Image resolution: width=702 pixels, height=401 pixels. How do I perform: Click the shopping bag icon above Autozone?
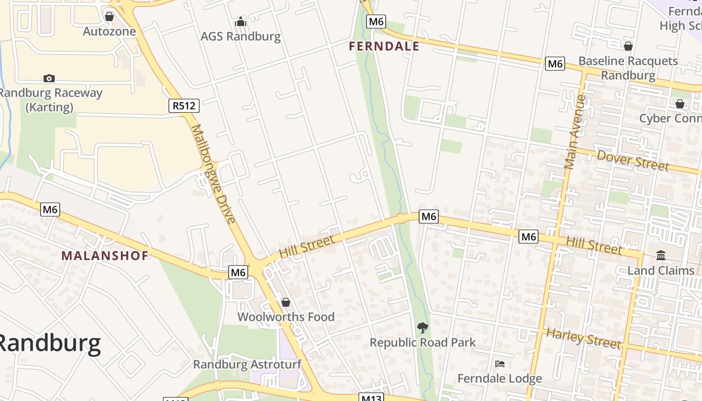pyautogui.click(x=109, y=17)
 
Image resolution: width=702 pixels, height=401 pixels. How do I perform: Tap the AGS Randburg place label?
pyautogui.click(x=241, y=36)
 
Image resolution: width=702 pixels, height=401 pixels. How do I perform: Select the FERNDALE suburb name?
pyautogui.click(x=384, y=47)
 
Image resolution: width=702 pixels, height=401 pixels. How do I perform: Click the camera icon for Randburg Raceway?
pyautogui.click(x=49, y=78)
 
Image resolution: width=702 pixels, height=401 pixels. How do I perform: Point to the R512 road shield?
pyautogui.click(x=185, y=106)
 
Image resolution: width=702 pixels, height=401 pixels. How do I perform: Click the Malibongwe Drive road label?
pyautogui.click(x=214, y=173)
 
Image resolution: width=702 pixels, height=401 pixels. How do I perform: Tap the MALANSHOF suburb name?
pyautogui.click(x=105, y=256)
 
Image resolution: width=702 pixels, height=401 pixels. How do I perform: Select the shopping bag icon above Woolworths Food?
pyautogui.click(x=285, y=302)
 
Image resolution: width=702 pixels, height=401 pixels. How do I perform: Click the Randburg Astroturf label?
pyautogui.click(x=247, y=364)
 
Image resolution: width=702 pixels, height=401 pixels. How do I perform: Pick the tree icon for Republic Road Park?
pyautogui.click(x=422, y=328)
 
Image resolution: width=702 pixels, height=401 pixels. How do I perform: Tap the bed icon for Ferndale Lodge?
pyautogui.click(x=499, y=364)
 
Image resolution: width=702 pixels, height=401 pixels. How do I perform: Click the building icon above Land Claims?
pyautogui.click(x=660, y=256)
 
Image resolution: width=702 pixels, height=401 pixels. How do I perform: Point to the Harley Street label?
pyautogui.click(x=584, y=338)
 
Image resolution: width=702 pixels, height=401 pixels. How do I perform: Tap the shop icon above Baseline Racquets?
pyautogui.click(x=628, y=47)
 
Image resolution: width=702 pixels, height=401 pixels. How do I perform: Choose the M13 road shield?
pyautogui.click(x=372, y=397)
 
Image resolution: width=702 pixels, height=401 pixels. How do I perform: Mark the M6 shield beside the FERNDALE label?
pyautogui.click(x=376, y=22)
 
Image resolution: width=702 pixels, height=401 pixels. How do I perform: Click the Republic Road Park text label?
pyautogui.click(x=422, y=343)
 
